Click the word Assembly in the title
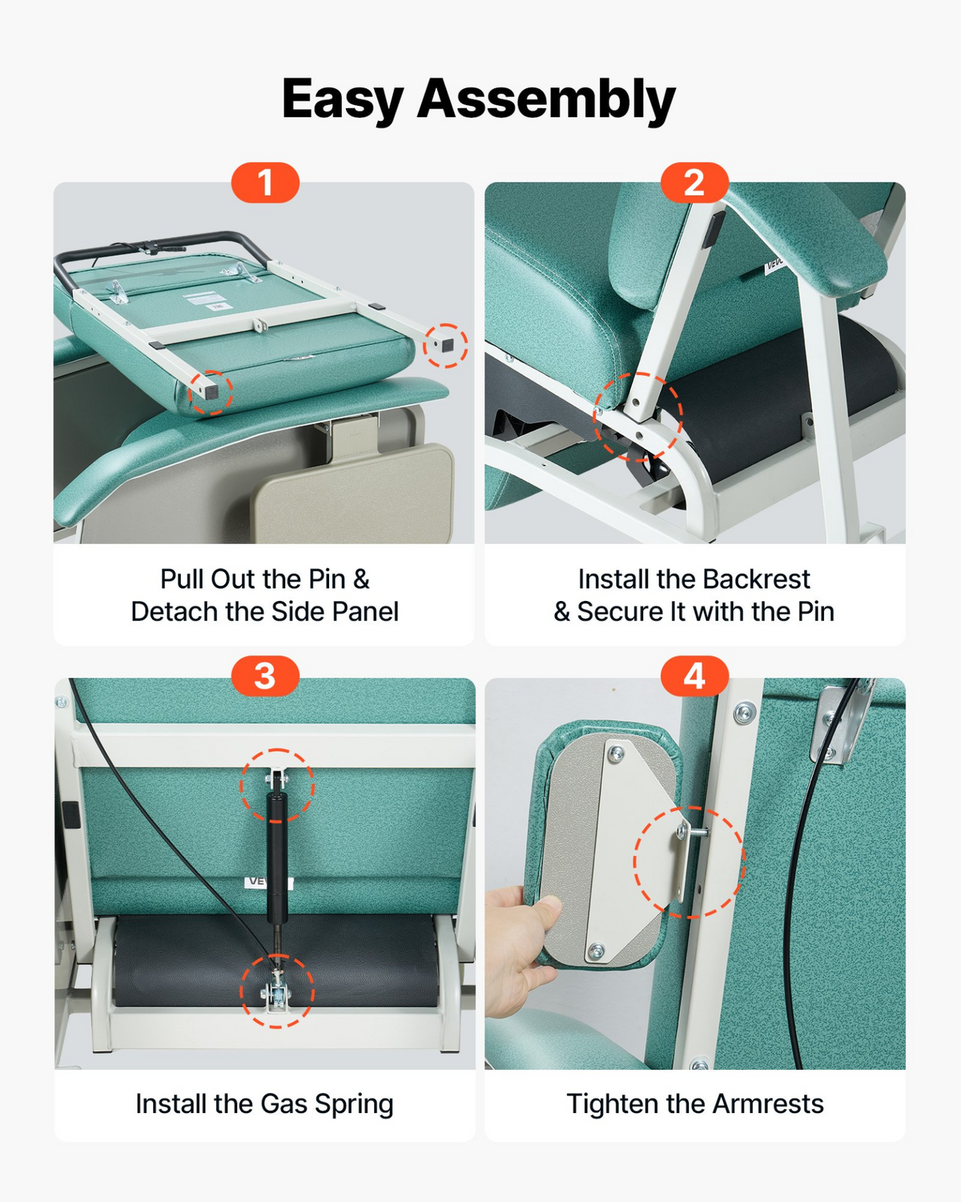[x=547, y=99]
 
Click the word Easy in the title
[x=342, y=99]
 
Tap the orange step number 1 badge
[x=265, y=183]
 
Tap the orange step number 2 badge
[x=694, y=183]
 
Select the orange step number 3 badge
[x=265, y=676]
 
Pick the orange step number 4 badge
[x=694, y=676]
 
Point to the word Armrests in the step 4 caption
[x=768, y=1104]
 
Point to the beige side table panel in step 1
[x=353, y=491]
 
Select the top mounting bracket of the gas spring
[x=278, y=779]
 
